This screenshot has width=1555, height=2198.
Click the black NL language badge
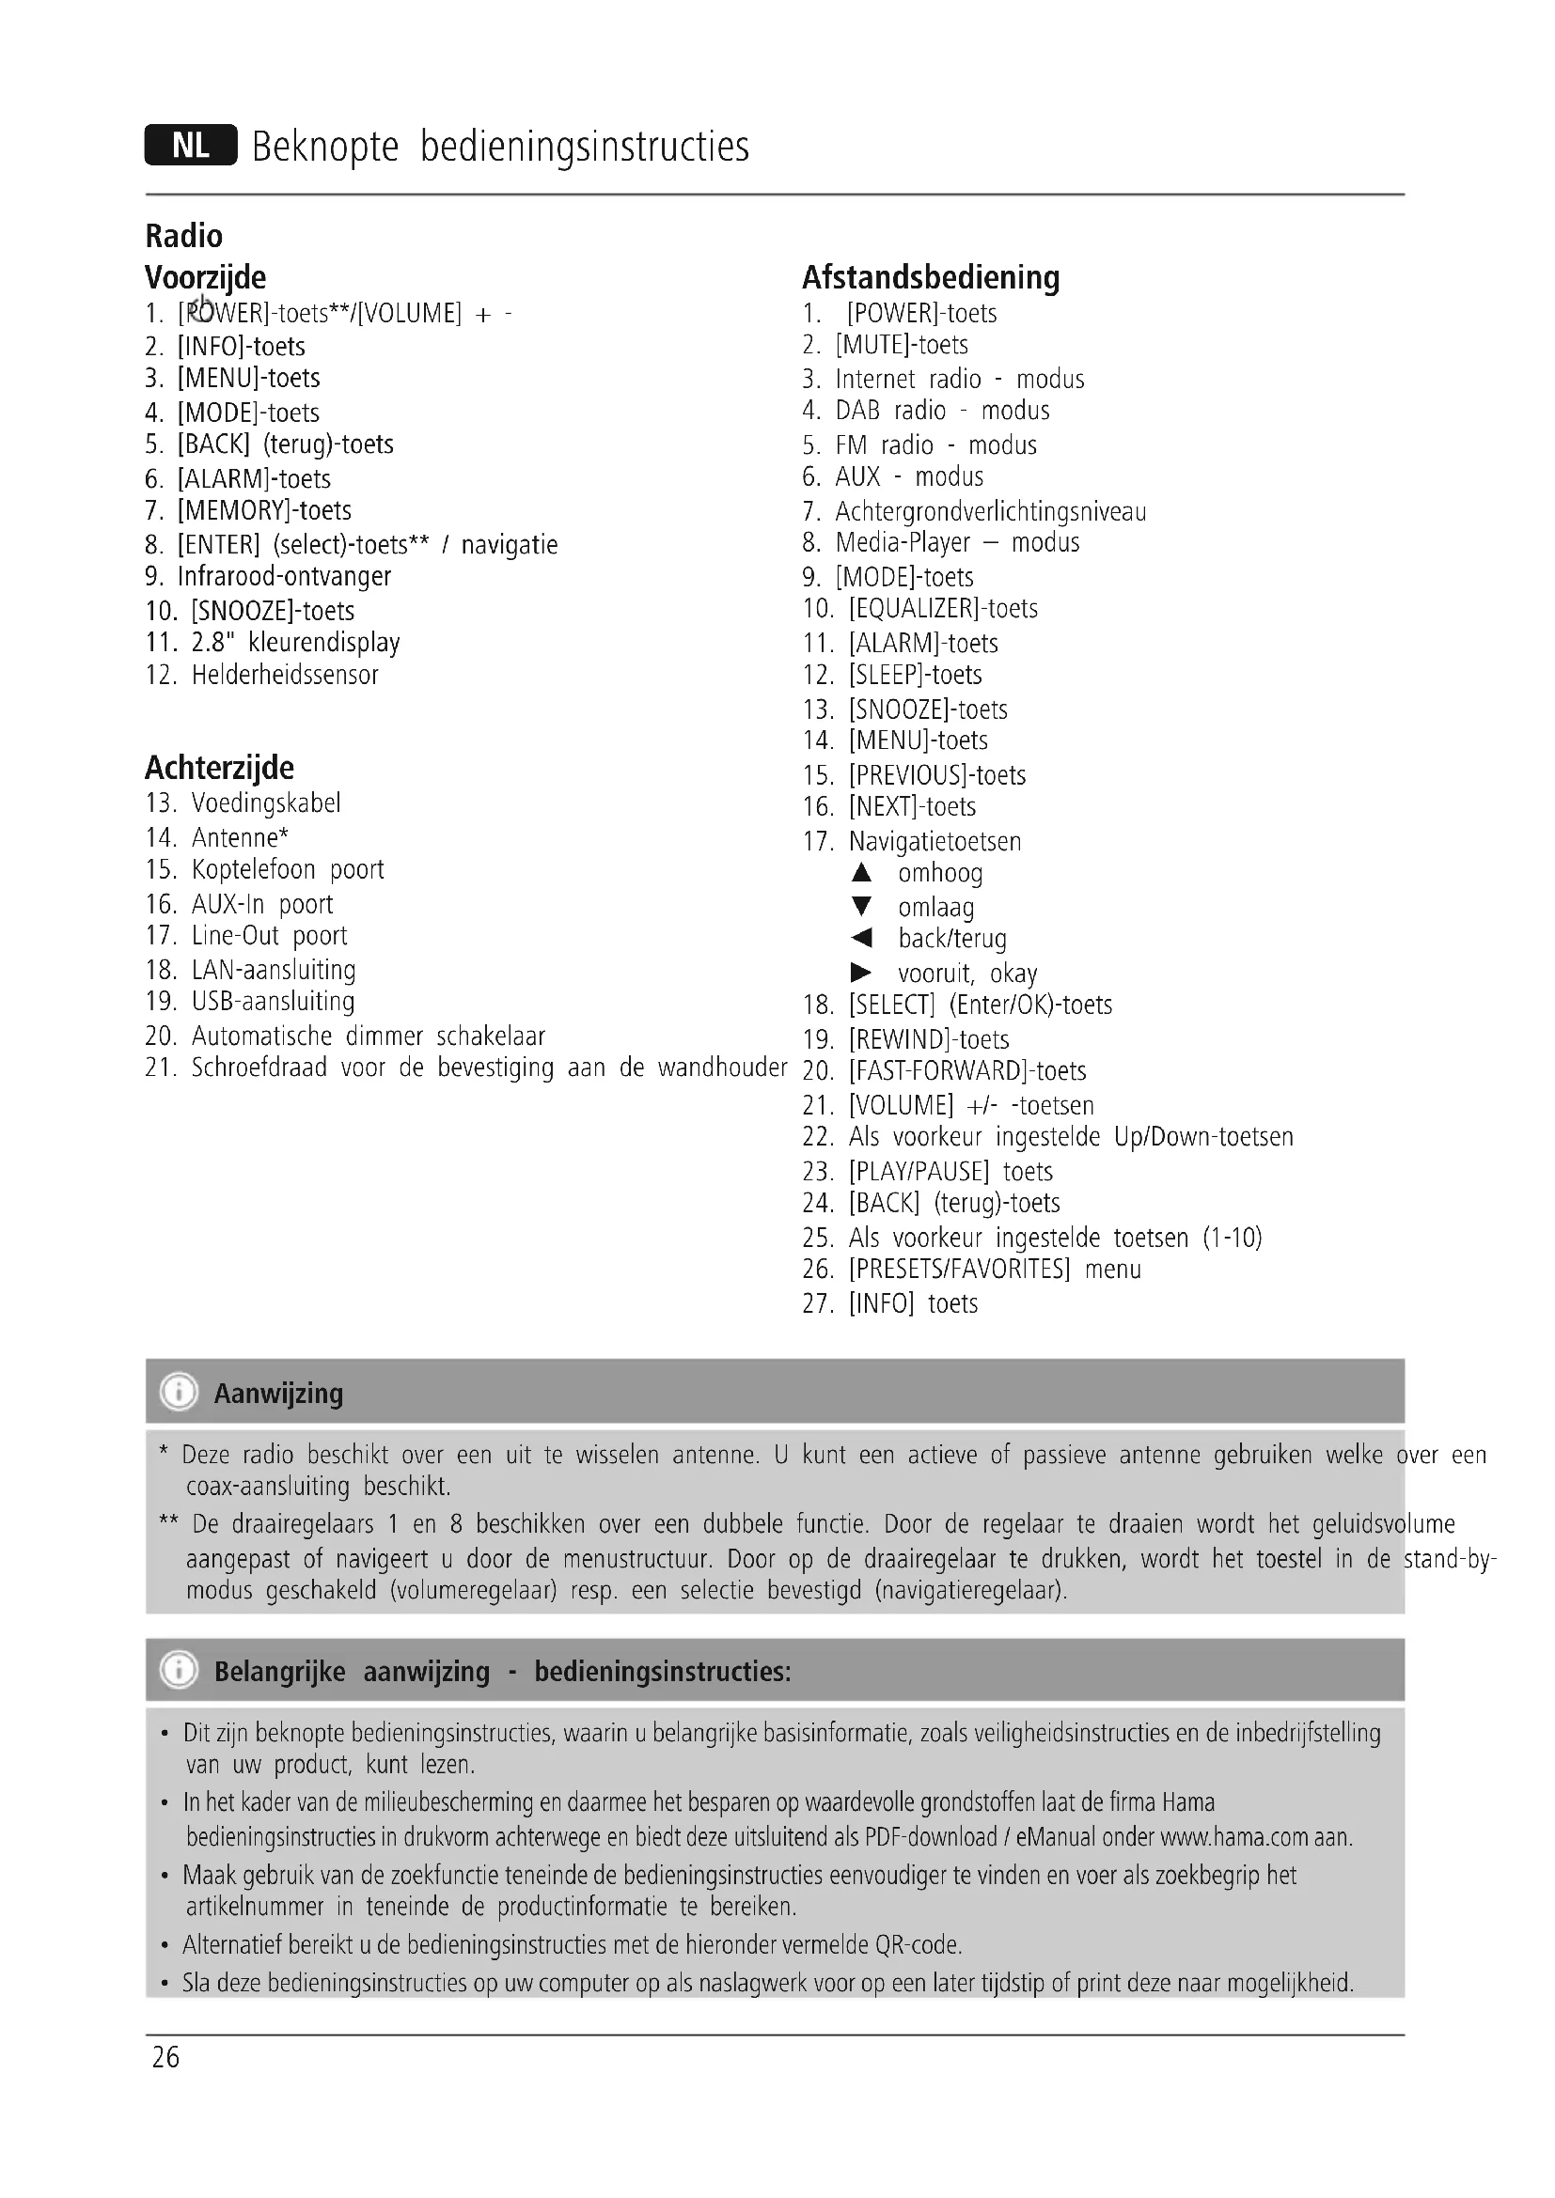coord(191,146)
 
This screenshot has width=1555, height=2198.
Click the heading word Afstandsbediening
coord(930,277)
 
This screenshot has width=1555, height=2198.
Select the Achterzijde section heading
coord(219,768)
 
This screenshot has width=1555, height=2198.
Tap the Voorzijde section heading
coord(205,277)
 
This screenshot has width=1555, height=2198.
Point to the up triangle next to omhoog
coord(862,872)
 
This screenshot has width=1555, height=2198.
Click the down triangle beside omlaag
coord(862,906)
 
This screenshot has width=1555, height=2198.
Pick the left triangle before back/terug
coord(861,938)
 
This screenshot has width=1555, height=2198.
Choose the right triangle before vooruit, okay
coord(861,973)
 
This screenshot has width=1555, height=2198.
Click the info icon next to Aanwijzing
coord(179,1392)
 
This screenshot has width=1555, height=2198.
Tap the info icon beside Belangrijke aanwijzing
coord(179,1671)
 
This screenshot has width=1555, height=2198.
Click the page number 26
coord(165,2056)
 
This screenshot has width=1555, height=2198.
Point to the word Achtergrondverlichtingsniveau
coord(990,512)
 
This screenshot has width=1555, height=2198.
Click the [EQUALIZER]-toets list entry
coord(942,609)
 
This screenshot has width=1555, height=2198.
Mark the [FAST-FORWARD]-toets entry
coord(967,1071)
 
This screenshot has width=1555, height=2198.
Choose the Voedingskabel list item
coord(265,803)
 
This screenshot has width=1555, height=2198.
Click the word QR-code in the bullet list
coord(918,1945)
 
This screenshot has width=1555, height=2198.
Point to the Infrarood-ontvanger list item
coord(283,576)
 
